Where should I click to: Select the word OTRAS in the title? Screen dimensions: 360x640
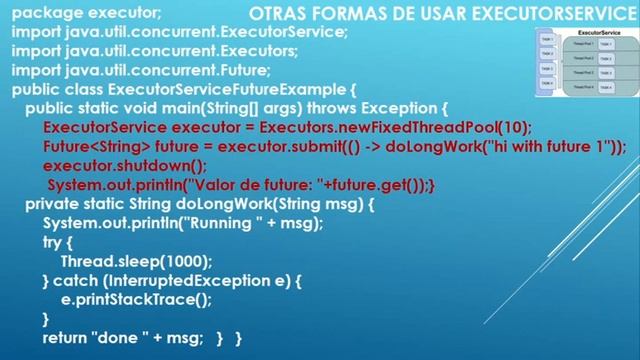276,14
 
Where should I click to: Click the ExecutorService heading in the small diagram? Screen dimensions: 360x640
588,34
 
